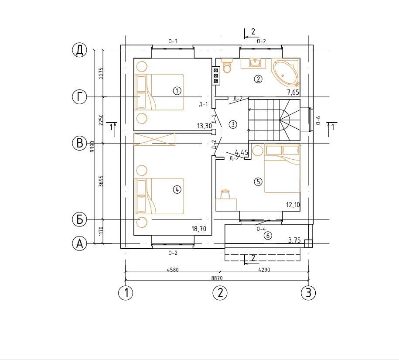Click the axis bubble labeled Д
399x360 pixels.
click(80, 50)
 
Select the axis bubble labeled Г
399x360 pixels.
click(80, 97)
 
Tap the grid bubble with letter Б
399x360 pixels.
click(80, 219)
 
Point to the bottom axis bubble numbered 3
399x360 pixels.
click(308, 292)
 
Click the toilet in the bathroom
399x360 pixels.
click(227, 65)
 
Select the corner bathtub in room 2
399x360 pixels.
click(286, 72)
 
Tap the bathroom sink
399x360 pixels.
click(253, 63)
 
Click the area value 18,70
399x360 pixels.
click(199, 229)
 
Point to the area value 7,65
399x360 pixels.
click(293, 92)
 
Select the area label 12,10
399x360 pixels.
click(293, 205)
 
